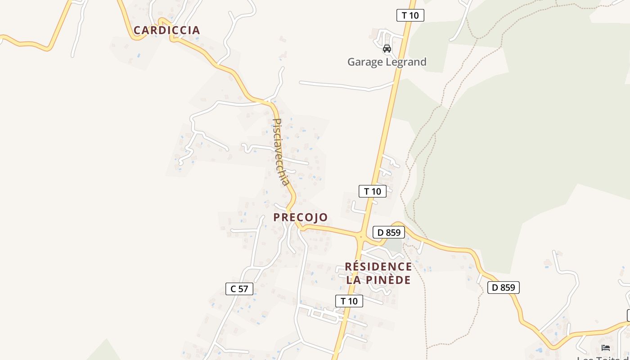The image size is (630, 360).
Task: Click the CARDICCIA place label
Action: [166, 30]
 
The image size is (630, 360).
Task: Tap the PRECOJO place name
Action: [301, 217]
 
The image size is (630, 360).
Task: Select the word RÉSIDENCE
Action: [378, 267]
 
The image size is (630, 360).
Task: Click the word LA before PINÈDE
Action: [354, 280]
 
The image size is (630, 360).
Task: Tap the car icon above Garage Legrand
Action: [387, 49]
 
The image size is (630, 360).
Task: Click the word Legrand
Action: [407, 62]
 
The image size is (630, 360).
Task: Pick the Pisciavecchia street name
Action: [280, 152]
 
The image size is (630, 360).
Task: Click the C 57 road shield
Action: [239, 289]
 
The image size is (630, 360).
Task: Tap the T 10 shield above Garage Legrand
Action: [410, 15]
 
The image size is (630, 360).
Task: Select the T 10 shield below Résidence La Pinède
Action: [349, 301]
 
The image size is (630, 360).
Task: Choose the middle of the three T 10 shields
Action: [372, 191]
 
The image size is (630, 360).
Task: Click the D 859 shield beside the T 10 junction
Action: [388, 233]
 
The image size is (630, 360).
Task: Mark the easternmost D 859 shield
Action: [503, 287]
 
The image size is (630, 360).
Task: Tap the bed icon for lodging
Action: [606, 347]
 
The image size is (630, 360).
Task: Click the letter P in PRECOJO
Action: [277, 217]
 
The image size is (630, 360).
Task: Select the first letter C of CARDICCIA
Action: [137, 30]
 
